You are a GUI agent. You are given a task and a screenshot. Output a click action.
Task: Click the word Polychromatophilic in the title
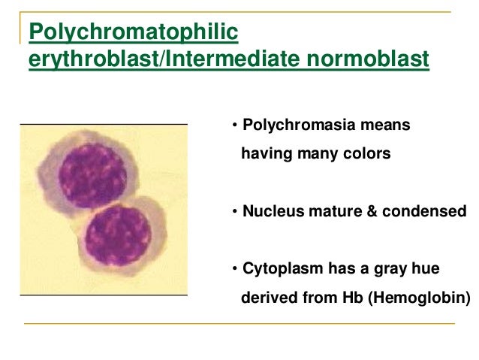tap(133, 32)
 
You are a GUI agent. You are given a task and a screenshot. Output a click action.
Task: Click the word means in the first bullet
tap(388, 125)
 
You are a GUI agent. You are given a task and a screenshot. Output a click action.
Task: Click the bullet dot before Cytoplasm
tap(234, 269)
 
